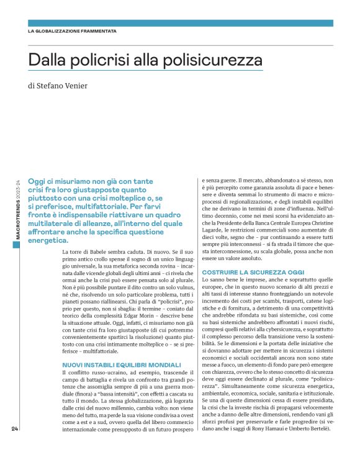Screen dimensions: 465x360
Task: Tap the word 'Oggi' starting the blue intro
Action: (x=39, y=162)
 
